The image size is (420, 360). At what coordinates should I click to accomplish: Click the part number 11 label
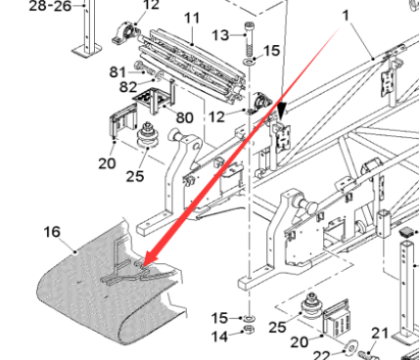[191, 18]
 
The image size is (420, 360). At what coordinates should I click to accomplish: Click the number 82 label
[128, 87]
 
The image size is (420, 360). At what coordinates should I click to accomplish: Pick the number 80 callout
[184, 117]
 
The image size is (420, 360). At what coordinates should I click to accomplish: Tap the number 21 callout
[381, 334]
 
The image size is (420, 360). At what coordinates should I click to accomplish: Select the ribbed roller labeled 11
[192, 61]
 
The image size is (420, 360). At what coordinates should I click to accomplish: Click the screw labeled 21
[368, 354]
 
